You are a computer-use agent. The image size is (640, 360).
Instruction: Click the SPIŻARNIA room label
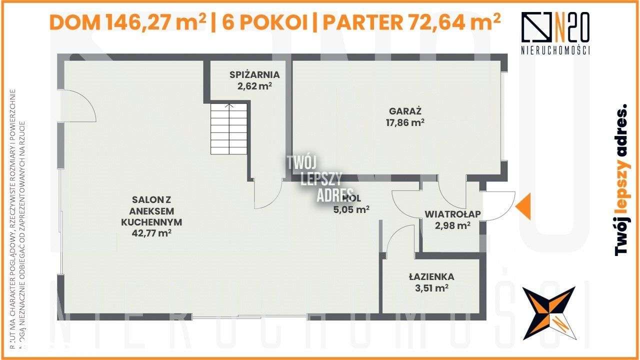click(254, 75)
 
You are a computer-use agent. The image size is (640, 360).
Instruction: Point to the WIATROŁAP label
click(452, 214)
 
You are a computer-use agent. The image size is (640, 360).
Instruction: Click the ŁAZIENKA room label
click(431, 276)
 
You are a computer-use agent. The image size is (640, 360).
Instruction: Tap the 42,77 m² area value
click(151, 232)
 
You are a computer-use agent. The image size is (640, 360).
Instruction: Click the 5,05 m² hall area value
click(351, 209)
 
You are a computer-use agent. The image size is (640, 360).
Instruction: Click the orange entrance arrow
click(524, 207)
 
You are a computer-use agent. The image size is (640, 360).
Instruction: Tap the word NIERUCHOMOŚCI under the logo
click(555, 50)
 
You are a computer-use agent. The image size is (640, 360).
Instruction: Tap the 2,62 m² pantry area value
click(254, 85)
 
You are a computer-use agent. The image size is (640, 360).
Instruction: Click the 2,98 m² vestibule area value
click(452, 225)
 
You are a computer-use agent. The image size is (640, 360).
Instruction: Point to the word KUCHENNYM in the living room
click(151, 222)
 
